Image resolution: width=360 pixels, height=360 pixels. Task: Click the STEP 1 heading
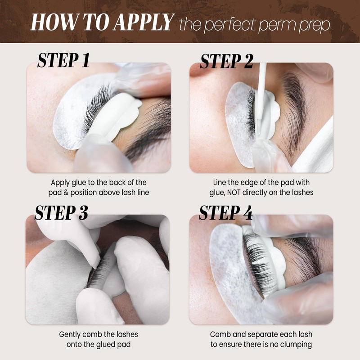[x=63, y=60]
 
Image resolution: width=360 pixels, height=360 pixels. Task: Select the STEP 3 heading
[x=61, y=213]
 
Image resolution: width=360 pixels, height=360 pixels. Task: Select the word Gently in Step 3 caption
[x=70, y=334]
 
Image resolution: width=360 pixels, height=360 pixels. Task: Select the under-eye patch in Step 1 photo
[x=67, y=117]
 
